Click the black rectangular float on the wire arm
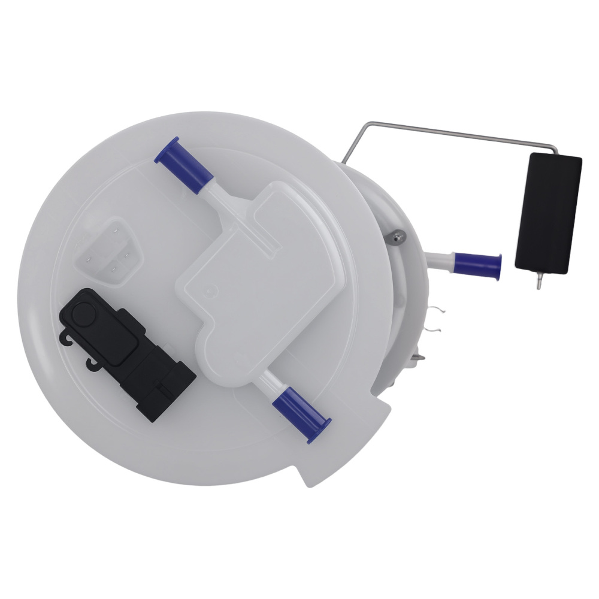548,213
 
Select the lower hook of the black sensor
93,363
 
